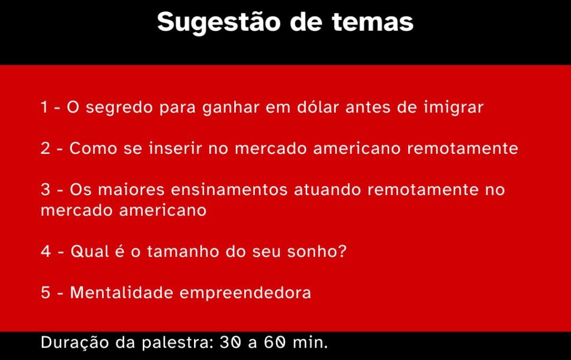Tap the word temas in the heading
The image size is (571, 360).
click(x=373, y=22)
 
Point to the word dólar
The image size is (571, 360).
click(x=318, y=107)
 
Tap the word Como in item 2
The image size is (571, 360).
click(x=93, y=148)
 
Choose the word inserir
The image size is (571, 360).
click(x=175, y=148)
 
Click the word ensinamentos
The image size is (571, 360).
click(x=229, y=189)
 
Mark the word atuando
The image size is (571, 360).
click(x=327, y=189)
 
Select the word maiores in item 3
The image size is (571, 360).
click(x=132, y=189)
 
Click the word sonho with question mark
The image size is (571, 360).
click(x=317, y=251)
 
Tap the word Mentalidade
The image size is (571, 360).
click(x=122, y=293)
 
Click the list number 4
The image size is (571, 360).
click(x=46, y=251)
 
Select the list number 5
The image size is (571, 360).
click(x=46, y=293)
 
